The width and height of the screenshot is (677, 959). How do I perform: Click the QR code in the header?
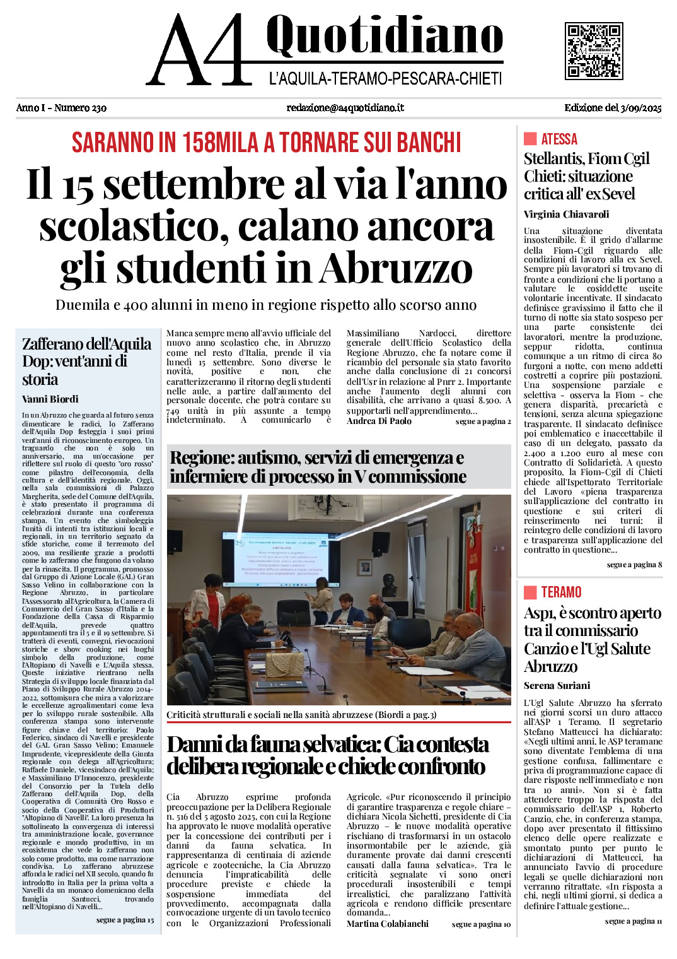[x=594, y=50]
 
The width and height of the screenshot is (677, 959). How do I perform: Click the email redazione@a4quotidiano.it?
[x=345, y=108]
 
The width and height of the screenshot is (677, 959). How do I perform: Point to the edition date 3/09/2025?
[x=613, y=108]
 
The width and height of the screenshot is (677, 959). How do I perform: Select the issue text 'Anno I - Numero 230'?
[x=61, y=108]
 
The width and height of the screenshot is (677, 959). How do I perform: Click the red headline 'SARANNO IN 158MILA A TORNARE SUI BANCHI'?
[x=266, y=143]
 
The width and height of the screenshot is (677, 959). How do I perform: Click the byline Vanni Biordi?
[x=50, y=399]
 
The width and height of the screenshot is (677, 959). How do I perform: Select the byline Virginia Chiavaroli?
[x=566, y=215]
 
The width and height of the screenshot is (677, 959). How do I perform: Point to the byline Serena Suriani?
[x=557, y=686]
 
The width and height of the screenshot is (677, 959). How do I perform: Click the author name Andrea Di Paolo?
[x=379, y=421]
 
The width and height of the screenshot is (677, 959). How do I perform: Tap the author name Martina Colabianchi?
[x=387, y=924]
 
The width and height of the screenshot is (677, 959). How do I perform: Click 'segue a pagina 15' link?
[x=125, y=920]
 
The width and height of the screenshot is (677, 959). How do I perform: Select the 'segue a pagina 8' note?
[x=634, y=565]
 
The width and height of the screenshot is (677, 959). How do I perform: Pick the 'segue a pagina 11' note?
[x=633, y=921]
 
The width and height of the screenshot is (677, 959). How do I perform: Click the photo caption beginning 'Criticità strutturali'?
[x=301, y=715]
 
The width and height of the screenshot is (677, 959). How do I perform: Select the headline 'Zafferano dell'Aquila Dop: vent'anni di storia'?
[x=86, y=362]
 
